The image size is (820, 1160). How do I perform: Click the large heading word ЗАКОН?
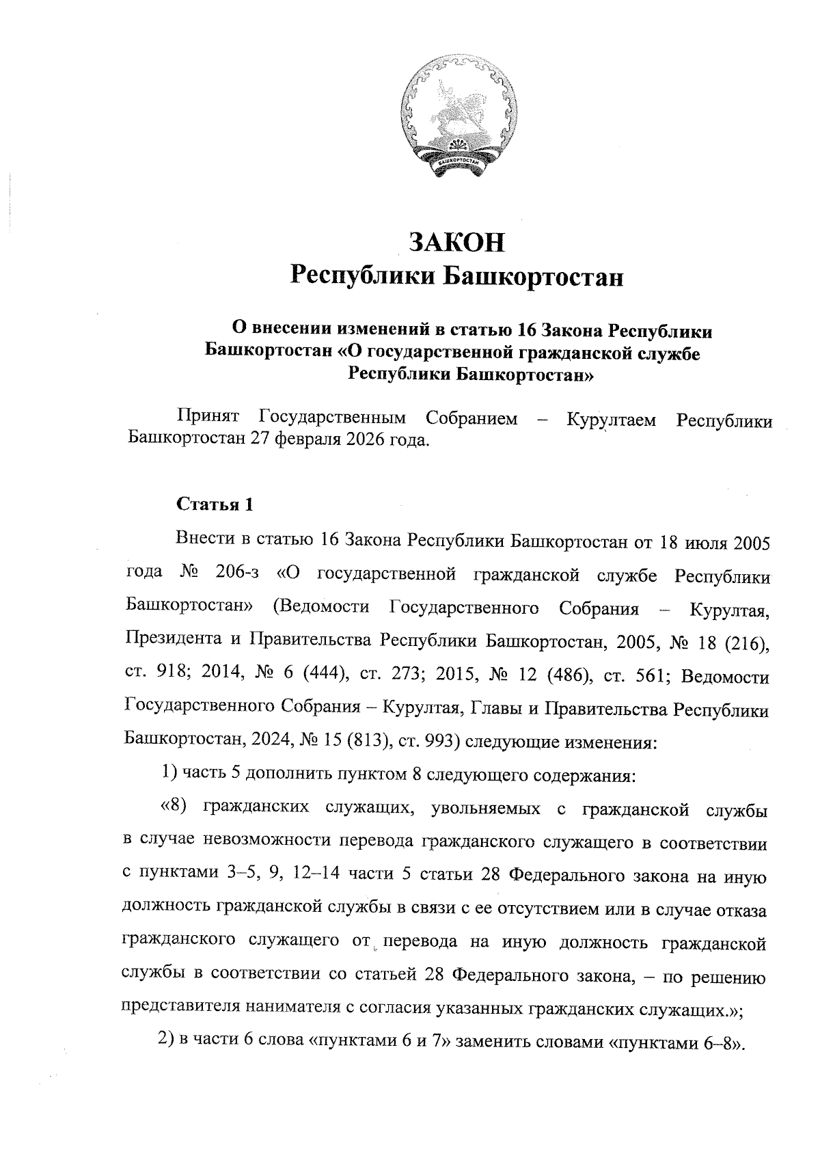click(x=457, y=241)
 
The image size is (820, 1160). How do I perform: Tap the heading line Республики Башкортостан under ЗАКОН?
click(x=457, y=276)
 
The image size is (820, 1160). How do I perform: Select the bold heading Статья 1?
click(x=215, y=504)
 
